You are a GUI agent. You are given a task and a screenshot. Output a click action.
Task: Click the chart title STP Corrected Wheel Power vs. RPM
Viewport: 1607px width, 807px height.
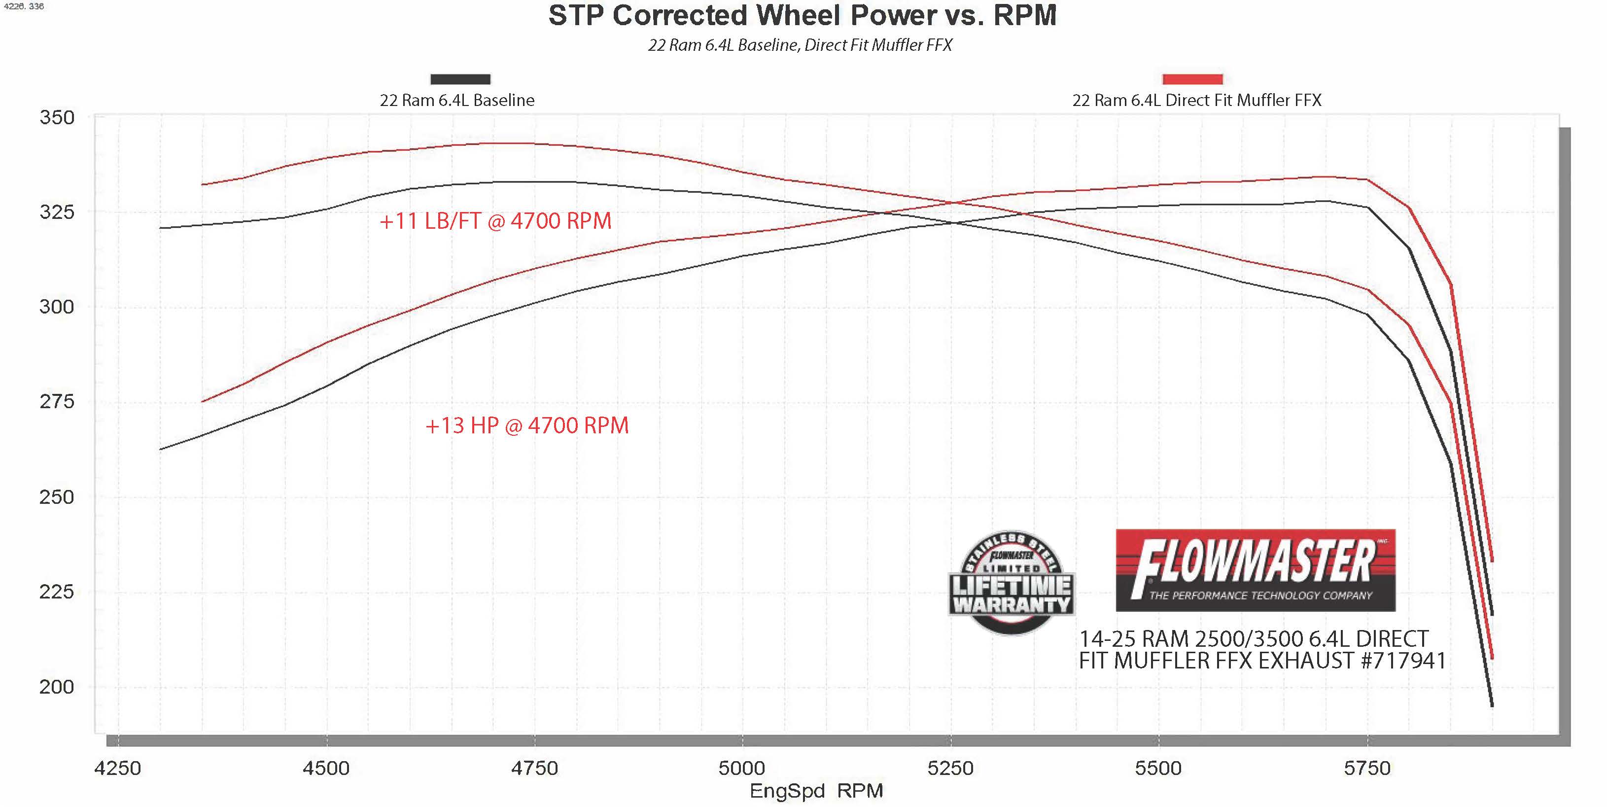[x=802, y=16]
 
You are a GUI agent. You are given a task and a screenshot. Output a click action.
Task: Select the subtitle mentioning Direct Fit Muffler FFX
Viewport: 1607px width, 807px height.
[x=800, y=45]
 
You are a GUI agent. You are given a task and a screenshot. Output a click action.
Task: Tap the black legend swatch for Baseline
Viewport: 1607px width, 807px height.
[x=460, y=79]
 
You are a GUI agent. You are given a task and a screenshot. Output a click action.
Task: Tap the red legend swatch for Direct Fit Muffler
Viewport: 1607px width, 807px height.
[x=1192, y=79]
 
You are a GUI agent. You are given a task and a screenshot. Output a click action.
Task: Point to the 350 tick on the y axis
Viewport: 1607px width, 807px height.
[x=57, y=118]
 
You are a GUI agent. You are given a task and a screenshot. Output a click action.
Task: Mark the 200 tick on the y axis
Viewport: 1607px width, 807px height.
[x=57, y=687]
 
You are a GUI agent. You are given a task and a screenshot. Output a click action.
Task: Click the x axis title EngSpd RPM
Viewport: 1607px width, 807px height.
[x=816, y=791]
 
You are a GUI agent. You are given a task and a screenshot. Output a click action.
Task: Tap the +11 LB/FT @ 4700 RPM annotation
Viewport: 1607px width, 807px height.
[x=495, y=221]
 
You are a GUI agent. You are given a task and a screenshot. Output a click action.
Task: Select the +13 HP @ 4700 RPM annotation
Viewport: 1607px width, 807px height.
[x=527, y=426]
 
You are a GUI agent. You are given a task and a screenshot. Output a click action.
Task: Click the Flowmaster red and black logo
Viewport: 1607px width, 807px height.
[x=1255, y=569]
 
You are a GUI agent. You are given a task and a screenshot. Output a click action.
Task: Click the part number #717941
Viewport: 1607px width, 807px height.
[x=1403, y=661]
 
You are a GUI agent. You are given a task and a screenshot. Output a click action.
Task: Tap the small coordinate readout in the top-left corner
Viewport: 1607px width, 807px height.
[x=23, y=6]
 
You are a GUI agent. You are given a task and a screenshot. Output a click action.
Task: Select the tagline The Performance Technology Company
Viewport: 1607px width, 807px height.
[x=1260, y=596]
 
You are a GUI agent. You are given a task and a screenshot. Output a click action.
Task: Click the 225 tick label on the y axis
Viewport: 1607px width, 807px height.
[x=57, y=592]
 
